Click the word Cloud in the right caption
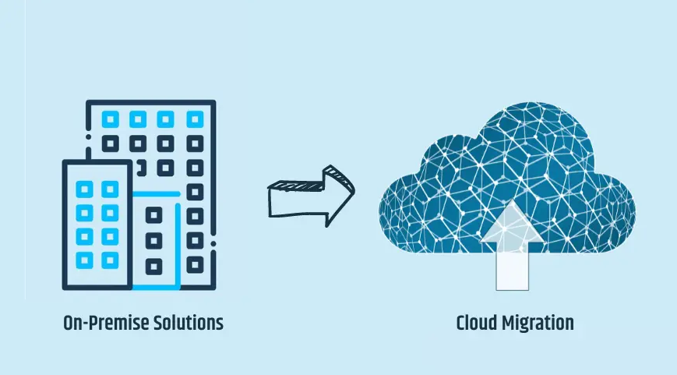pyautogui.click(x=476, y=324)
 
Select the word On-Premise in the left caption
pyautogui.click(x=102, y=324)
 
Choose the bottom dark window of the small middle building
pyautogui.click(x=154, y=266)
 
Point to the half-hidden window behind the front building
pyautogui.click(x=139, y=168)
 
